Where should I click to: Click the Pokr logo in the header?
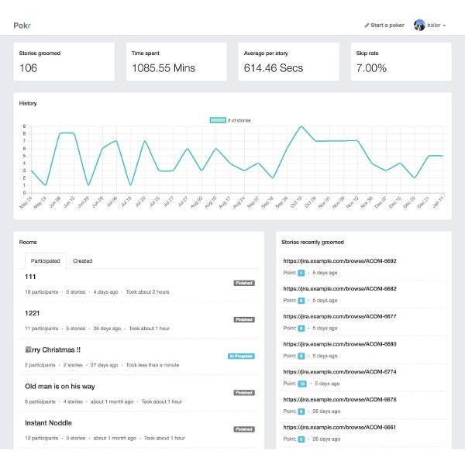[22, 25]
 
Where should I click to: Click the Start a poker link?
[385, 25]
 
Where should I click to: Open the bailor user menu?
[430, 25]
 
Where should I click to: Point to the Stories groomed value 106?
[29, 68]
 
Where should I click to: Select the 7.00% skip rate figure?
[370, 68]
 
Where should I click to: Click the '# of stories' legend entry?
[230, 120]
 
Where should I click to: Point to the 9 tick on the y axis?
[24, 126]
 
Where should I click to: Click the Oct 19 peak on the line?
[301, 126]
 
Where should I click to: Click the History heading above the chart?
[28, 103]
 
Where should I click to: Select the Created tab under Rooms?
[83, 261]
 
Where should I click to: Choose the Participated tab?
[45, 261]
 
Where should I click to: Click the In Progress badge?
[241, 356]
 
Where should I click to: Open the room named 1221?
[33, 312]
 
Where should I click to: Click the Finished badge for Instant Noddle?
[244, 429]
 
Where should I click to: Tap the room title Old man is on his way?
[60, 386]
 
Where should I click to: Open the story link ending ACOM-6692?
[339, 261]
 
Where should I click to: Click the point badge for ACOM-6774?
[302, 384]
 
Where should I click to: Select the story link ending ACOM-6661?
[339, 427]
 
